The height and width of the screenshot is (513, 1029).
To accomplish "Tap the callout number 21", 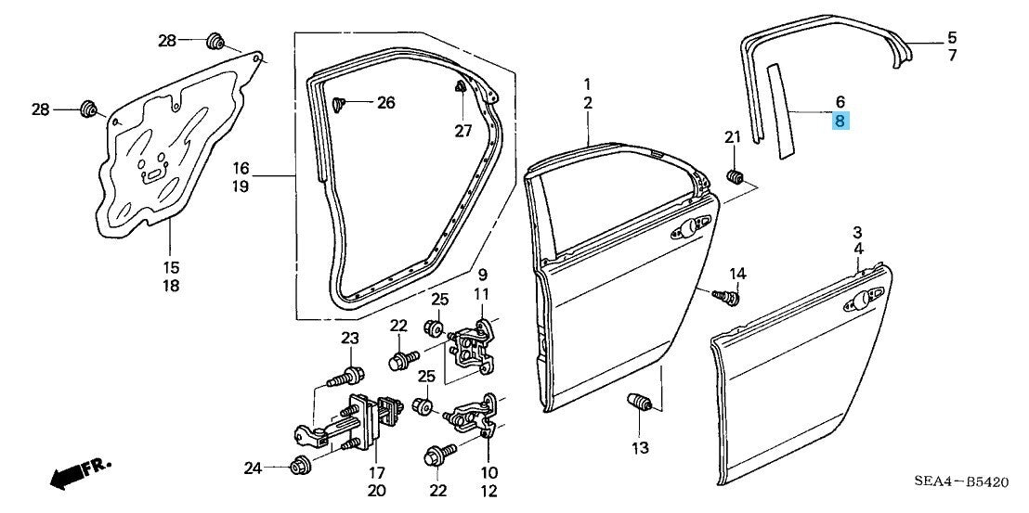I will pyautogui.click(x=732, y=138).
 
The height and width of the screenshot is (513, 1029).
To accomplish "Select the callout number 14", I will pyautogui.click(x=737, y=273).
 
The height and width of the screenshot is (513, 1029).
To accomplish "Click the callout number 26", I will pyautogui.click(x=385, y=102).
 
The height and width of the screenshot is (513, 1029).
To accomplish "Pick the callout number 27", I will pyautogui.click(x=463, y=131).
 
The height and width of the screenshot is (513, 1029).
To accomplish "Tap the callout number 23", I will pyautogui.click(x=349, y=337).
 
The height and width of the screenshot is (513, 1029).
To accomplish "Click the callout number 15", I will pyautogui.click(x=171, y=267).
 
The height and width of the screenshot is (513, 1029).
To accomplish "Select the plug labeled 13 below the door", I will pyautogui.click(x=639, y=405).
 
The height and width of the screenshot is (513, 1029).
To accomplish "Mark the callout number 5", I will pyautogui.click(x=952, y=38).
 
